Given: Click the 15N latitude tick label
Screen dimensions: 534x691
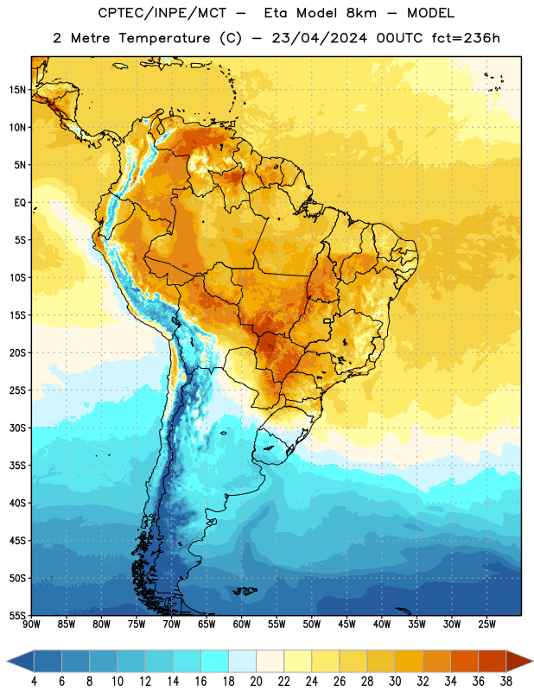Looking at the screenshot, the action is pos(17,90).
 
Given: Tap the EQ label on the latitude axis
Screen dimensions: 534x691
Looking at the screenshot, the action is pos(20,203).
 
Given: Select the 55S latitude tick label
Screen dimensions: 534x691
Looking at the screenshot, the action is pos(17,615).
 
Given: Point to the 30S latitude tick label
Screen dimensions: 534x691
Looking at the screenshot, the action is pos(17,428).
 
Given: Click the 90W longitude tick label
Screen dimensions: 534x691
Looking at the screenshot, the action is pos(31,624).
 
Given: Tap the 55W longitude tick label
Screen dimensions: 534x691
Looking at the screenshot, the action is pos(277,624).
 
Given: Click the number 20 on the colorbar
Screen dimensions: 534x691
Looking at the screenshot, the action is pos(256,681).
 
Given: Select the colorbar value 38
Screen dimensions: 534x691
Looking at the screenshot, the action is pos(506,681).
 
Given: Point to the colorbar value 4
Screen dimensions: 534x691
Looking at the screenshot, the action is pos(34,681).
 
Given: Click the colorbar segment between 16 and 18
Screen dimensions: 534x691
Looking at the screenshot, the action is pos(215,661).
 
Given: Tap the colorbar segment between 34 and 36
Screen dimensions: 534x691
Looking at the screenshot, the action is pos(464,661).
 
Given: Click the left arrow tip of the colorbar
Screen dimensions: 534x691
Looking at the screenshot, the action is pos(7,661).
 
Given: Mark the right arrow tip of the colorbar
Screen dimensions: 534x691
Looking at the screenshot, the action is pos(533,661).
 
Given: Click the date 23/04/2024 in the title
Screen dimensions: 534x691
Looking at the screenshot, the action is pos(319,38).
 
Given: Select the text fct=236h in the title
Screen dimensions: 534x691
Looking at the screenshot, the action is pos(466,38).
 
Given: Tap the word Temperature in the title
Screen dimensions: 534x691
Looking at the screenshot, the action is pos(164,38).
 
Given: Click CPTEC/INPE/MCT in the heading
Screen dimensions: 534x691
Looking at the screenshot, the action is pos(162,13).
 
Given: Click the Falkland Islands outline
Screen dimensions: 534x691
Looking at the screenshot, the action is pos(245,591).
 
